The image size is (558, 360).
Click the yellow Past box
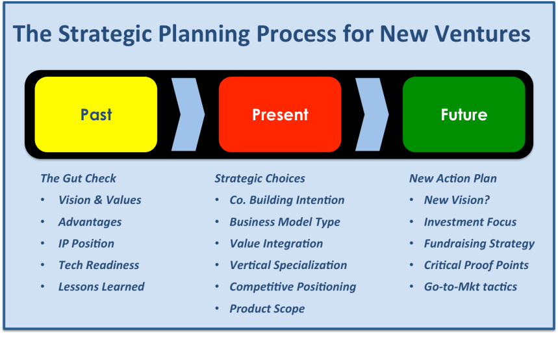(95, 114)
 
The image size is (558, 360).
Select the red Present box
(280, 114)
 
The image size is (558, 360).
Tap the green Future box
(464, 114)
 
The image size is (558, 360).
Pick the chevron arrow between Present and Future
(373, 114)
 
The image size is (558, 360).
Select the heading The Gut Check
(78, 178)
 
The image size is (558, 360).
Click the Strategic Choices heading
(259, 178)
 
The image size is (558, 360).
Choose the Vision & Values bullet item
(99, 200)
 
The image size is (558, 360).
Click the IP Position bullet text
(86, 244)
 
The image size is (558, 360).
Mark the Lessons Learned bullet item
(101, 287)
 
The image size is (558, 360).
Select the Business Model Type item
(285, 222)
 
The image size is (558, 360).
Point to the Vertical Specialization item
(288, 265)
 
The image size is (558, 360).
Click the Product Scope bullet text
(267, 309)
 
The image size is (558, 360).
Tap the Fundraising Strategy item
(479, 244)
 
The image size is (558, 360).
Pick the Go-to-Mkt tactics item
(470, 287)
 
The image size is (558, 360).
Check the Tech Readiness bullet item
(99, 265)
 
